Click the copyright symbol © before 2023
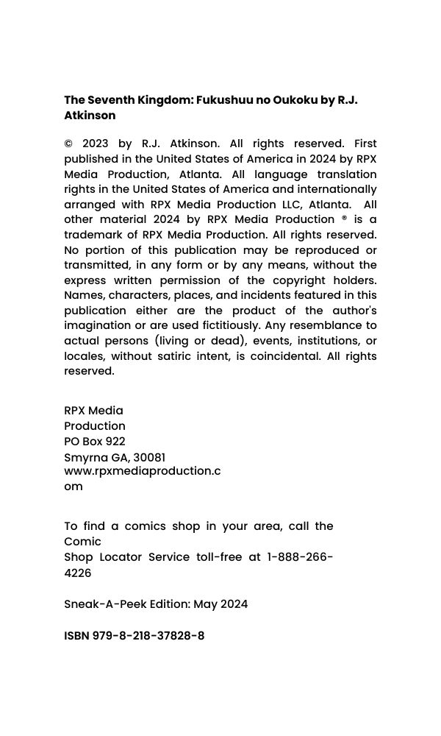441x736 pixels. [69, 144]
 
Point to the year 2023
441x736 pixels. [96, 144]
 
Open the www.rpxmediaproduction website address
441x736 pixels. [142, 471]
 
